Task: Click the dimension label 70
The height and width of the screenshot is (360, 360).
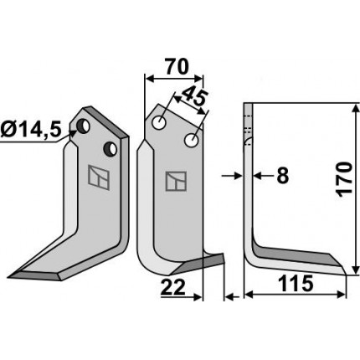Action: [x=177, y=67]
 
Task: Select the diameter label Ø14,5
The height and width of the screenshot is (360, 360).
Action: [x=30, y=130]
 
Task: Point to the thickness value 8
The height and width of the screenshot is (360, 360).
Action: [x=282, y=176]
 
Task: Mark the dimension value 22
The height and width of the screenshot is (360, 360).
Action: [x=173, y=287]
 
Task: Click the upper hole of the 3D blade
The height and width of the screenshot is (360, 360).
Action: [x=84, y=126]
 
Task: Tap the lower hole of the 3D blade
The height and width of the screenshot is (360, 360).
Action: [x=111, y=148]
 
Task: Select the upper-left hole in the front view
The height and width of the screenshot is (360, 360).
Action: [x=159, y=122]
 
